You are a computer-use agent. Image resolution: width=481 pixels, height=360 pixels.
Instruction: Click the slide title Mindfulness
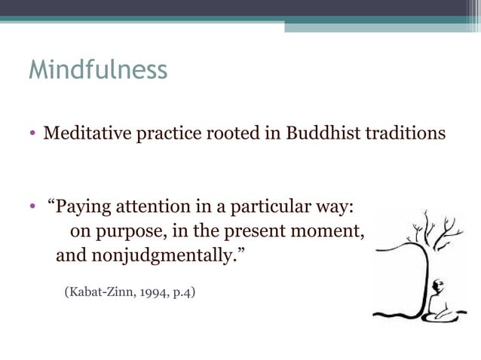[x=97, y=70]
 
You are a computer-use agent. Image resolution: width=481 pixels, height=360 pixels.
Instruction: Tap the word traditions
[x=408, y=134]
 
